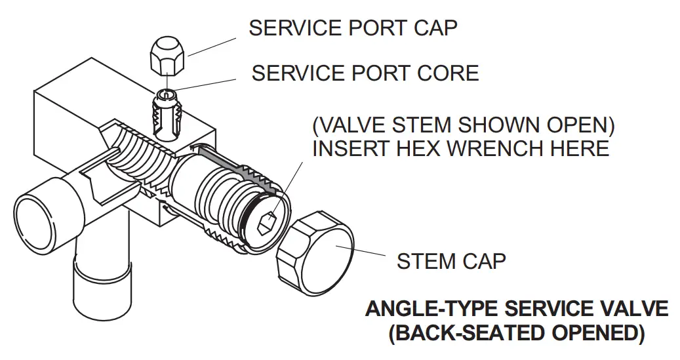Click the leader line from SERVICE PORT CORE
click(x=203, y=85)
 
